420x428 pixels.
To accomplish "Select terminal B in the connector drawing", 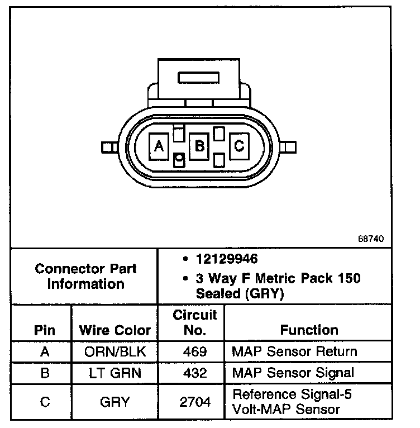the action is pyautogui.click(x=199, y=146).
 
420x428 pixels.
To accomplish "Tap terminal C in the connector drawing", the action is pyautogui.click(x=238, y=146).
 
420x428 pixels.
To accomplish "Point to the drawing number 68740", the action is pyautogui.click(x=371, y=239).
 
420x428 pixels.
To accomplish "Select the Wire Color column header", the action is pyautogui.click(x=114, y=330).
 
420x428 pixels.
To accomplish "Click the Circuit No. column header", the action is pyautogui.click(x=194, y=322).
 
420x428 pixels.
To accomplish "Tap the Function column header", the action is pyautogui.click(x=309, y=330).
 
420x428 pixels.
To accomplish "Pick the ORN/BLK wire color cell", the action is pyautogui.click(x=114, y=352).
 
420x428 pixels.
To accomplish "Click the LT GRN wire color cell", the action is pyautogui.click(x=114, y=373).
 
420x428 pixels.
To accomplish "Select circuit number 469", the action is pyautogui.click(x=194, y=352).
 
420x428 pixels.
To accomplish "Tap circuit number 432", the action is pyautogui.click(x=194, y=373).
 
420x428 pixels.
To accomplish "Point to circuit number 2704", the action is pyautogui.click(x=194, y=402).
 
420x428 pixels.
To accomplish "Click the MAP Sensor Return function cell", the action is pyautogui.click(x=294, y=352).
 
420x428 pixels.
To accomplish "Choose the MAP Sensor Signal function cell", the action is pyautogui.click(x=293, y=373).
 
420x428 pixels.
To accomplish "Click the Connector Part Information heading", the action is pyautogui.click(x=85, y=276).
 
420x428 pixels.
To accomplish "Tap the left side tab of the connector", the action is pyautogui.click(x=107, y=147).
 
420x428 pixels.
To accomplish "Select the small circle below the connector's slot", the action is pyautogui.click(x=179, y=161).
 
